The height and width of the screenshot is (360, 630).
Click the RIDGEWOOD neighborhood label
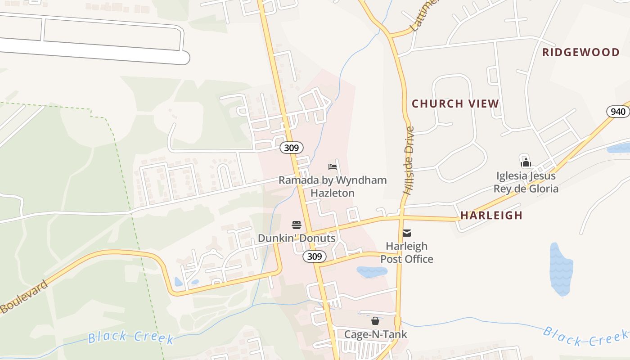(580, 52)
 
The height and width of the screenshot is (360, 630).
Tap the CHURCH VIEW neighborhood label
(455, 103)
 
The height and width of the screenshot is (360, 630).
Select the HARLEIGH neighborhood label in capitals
(491, 215)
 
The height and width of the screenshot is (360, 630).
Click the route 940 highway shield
(617, 112)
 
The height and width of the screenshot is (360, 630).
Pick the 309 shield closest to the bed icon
(291, 147)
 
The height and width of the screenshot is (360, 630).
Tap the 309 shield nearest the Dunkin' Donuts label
(314, 256)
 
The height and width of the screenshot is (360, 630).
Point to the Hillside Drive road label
(409, 160)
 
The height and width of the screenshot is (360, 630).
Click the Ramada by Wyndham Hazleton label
(333, 186)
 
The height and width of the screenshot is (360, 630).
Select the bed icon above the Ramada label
(333, 167)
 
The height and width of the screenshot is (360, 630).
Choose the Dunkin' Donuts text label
(297, 238)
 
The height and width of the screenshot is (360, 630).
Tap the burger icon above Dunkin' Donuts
(296, 225)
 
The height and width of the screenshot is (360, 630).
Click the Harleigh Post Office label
(407, 252)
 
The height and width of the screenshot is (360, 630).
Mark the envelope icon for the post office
(407, 233)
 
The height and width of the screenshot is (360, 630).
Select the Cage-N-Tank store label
(375, 334)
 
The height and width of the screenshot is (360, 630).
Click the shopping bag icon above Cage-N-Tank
(375, 321)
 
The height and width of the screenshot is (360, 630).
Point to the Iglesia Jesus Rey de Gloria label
(526, 182)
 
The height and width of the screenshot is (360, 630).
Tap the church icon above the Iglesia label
(526, 162)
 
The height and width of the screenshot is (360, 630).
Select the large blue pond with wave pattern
(561, 269)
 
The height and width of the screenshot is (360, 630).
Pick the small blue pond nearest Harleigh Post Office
(372, 272)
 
